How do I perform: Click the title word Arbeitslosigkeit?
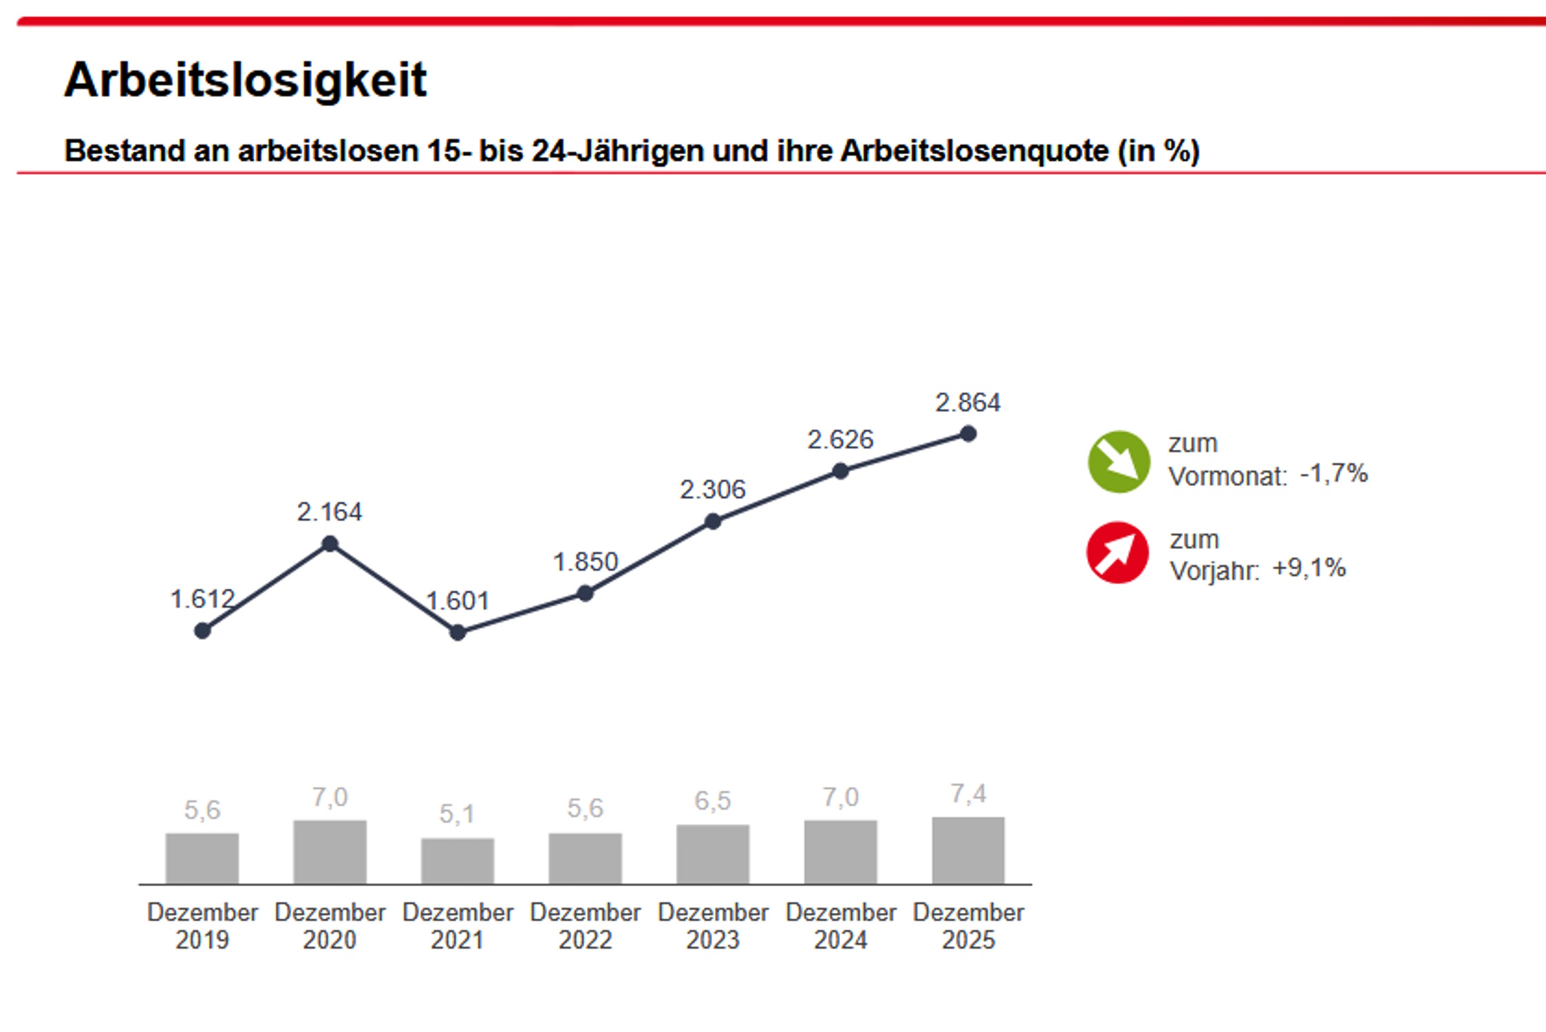[246, 80]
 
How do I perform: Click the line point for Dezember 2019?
[202, 630]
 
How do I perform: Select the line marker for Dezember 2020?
[330, 544]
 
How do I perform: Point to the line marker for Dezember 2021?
[458, 632]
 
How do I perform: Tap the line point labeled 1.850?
[585, 593]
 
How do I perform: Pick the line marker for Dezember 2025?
[968, 434]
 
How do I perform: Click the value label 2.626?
[840, 440]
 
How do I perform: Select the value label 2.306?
[713, 490]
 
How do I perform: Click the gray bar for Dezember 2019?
[202, 858]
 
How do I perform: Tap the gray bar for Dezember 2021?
[458, 861]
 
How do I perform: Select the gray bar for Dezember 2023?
[713, 854]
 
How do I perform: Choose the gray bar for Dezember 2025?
[968, 850]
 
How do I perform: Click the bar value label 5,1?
[458, 815]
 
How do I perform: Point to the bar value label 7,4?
[968, 795]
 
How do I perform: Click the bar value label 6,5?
[713, 801]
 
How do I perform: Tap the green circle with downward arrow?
[1119, 462]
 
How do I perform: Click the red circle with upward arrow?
[1118, 552]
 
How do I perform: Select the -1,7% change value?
[1333, 474]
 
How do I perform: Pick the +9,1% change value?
[1309, 568]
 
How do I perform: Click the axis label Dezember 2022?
[585, 926]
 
